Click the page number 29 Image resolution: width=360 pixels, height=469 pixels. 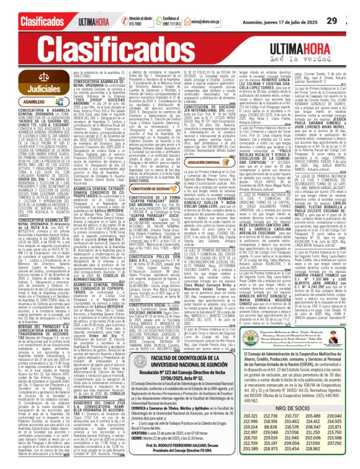point(349,20)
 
